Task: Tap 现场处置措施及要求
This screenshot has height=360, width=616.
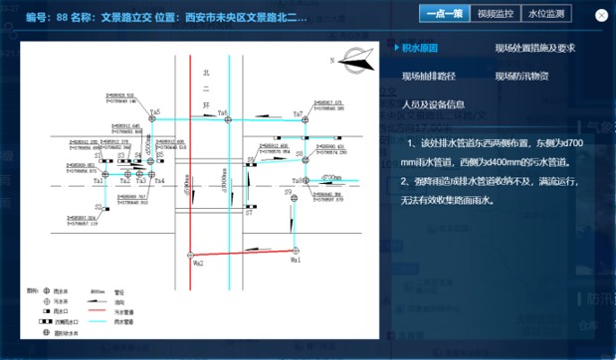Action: (x=534, y=48)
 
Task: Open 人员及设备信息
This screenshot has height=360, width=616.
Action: (x=432, y=103)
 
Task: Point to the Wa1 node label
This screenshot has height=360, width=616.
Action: (x=296, y=260)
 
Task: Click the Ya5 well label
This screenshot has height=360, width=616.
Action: (x=154, y=112)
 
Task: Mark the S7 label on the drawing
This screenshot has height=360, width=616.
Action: (x=250, y=212)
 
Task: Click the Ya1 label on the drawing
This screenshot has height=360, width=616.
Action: (x=98, y=181)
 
